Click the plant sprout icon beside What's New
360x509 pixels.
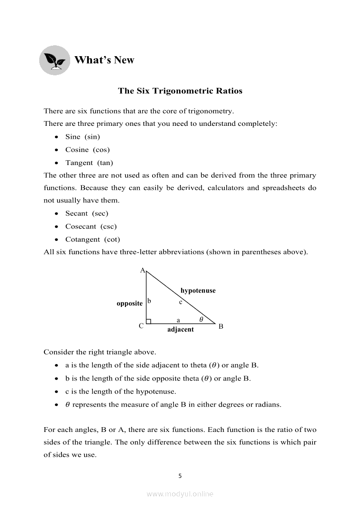point(54,60)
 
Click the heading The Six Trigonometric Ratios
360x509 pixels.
point(180,91)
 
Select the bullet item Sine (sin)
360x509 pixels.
point(82,137)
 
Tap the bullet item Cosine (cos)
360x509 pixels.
point(87,150)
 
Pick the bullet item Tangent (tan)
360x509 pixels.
point(89,163)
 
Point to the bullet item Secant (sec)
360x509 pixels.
point(86,213)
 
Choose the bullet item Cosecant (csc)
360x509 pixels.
point(91,226)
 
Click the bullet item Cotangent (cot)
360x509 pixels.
point(92,239)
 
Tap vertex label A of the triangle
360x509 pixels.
point(142,270)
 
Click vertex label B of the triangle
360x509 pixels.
point(221,326)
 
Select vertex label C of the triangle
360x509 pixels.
point(141,326)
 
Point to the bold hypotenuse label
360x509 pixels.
point(198,290)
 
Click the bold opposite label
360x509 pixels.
point(129,303)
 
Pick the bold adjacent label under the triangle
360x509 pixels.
point(180,330)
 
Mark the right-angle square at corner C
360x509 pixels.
point(149,321)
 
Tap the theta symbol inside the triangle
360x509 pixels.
point(201,319)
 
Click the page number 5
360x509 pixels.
point(180,476)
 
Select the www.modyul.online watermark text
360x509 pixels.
point(180,494)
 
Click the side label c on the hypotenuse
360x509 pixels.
point(180,302)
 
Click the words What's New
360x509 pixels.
point(104,60)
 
